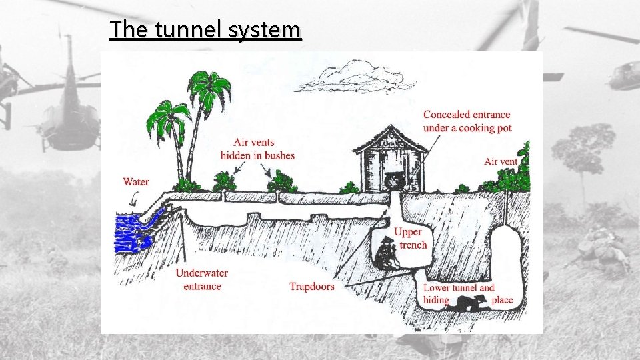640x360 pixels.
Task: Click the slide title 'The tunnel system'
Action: (206, 30)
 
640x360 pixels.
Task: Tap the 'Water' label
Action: (136, 181)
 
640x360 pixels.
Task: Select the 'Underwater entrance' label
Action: (202, 279)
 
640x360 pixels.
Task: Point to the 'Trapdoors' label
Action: (312, 287)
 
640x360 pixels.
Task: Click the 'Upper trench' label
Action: (409, 238)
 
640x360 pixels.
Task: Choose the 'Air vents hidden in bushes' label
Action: (257, 149)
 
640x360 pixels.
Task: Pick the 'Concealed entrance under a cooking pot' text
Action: (467, 121)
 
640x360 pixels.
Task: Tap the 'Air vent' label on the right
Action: (501, 161)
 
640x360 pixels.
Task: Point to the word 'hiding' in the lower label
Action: (437, 300)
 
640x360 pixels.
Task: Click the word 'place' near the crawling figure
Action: (502, 300)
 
